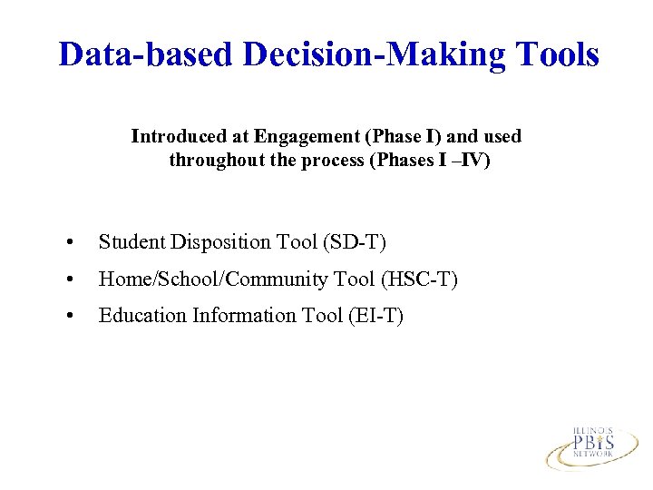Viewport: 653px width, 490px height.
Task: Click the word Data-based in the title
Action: (x=146, y=54)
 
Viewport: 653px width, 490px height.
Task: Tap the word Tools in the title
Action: (x=555, y=54)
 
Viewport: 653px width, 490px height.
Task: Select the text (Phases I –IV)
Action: (x=430, y=161)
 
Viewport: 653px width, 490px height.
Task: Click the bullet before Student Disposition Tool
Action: (x=70, y=242)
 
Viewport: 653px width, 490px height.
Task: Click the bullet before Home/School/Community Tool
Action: (x=70, y=279)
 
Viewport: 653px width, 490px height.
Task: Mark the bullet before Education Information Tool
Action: (x=70, y=316)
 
